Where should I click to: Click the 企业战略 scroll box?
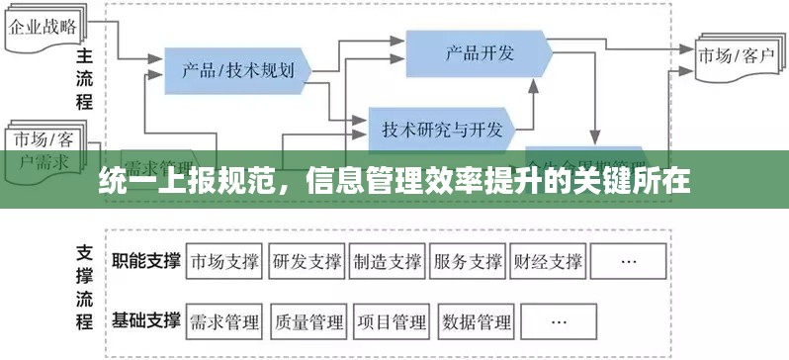point(45,27)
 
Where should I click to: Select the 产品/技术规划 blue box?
point(237,69)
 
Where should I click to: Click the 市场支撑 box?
point(224,262)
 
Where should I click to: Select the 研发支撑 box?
point(306,262)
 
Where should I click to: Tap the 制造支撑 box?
point(387,262)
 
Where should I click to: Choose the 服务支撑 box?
point(468,262)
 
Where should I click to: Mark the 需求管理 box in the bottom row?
point(224,321)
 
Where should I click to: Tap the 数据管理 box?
point(478,321)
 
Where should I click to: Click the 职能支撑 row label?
point(146,261)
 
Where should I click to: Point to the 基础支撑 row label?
point(146,320)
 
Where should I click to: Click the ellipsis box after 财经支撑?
point(627,262)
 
